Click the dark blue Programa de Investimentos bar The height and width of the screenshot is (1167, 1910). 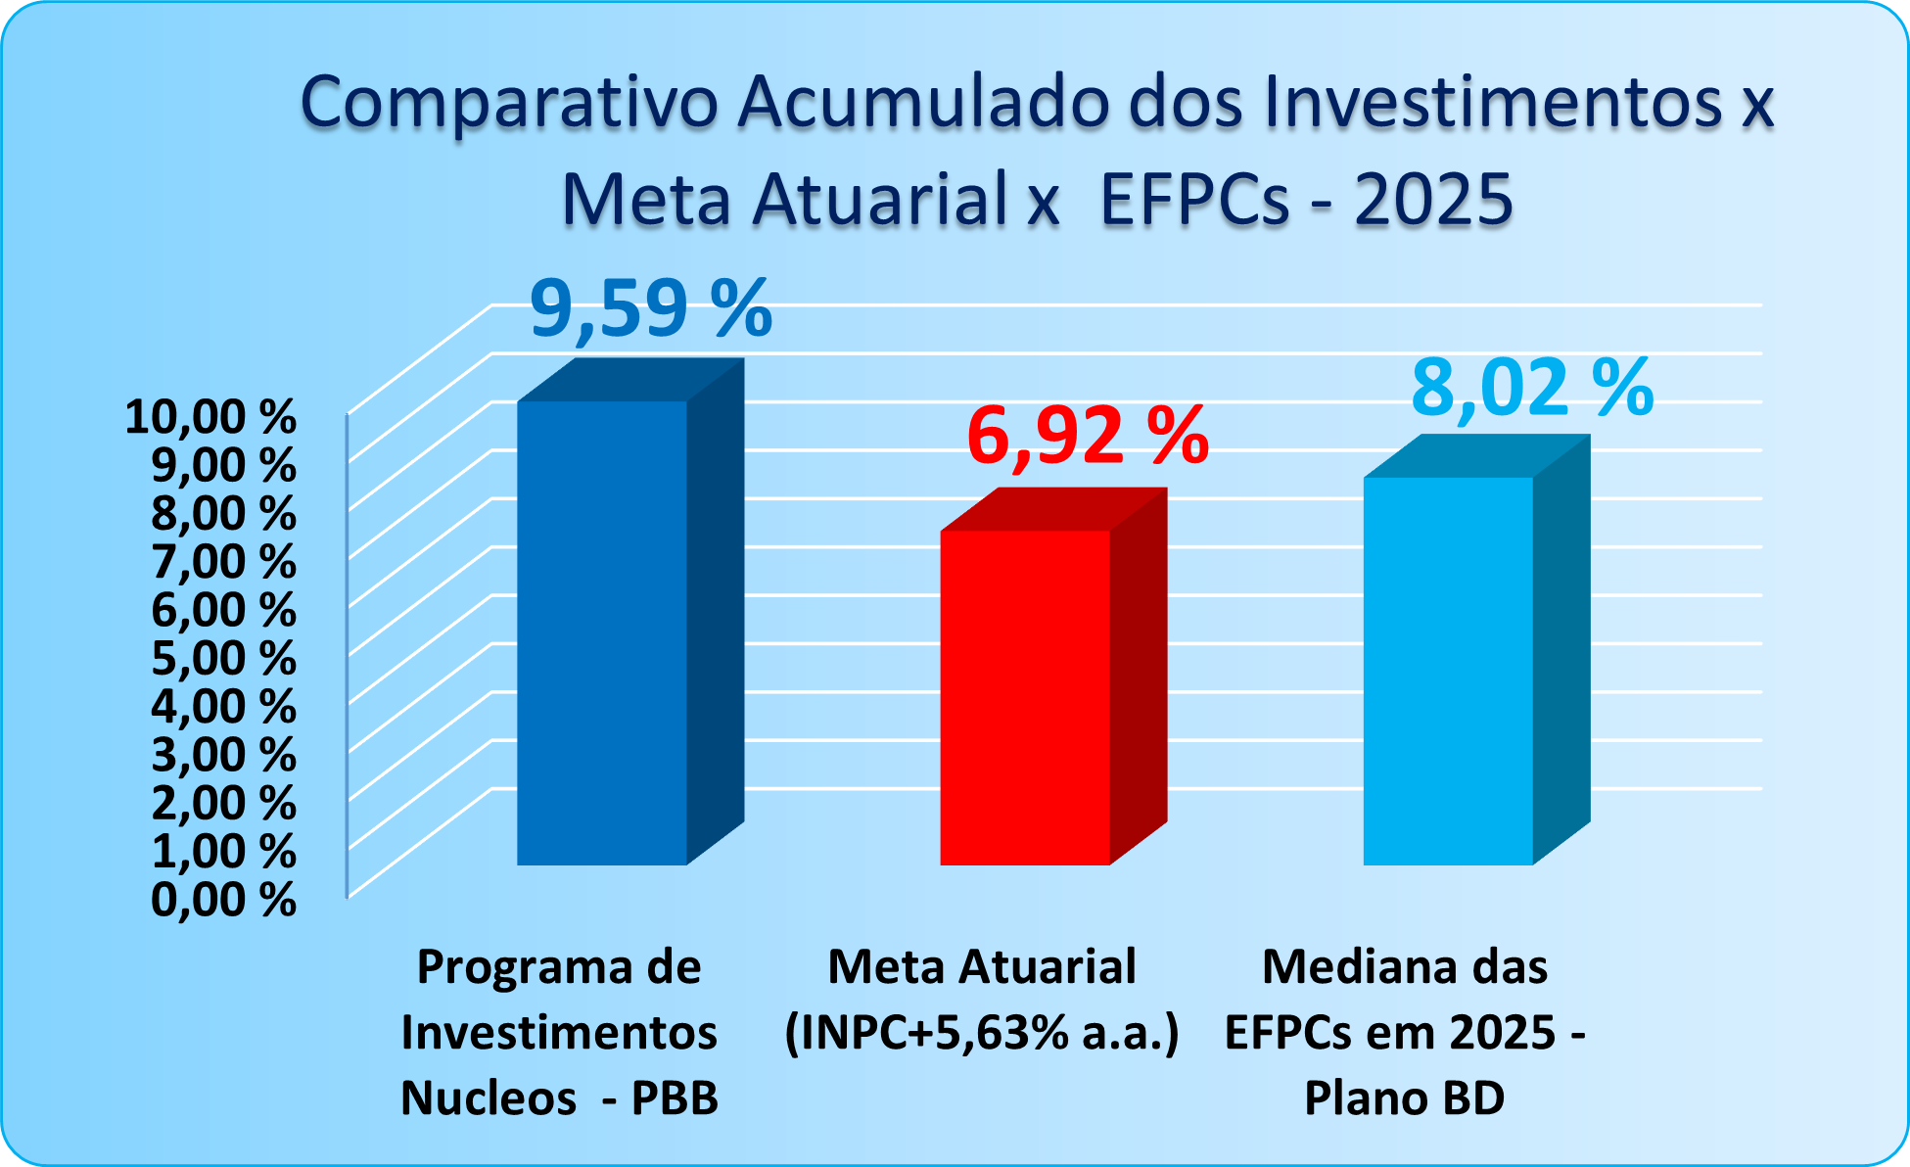(602, 631)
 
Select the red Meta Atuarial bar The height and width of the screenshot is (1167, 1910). (1025, 697)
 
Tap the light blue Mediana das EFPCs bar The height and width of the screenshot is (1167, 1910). (1448, 671)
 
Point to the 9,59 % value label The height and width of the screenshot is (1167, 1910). (651, 309)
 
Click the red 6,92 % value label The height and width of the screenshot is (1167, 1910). (1088, 436)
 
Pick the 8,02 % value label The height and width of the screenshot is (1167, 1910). (1532, 388)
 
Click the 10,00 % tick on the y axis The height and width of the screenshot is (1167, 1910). (210, 417)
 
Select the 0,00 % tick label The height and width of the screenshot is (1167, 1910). (223, 899)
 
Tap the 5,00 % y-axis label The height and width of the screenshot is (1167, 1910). (223, 658)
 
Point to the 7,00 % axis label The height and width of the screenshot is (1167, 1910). (223, 562)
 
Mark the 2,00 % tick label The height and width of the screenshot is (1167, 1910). (223, 803)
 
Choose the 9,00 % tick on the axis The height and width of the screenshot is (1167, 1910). (223, 465)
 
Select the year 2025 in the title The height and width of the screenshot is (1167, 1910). (1434, 200)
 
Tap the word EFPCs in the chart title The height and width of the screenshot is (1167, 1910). (1195, 200)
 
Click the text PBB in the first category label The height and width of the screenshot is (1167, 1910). (675, 1097)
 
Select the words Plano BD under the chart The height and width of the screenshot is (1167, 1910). (1404, 1097)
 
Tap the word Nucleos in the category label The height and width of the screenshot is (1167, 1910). (489, 1097)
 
